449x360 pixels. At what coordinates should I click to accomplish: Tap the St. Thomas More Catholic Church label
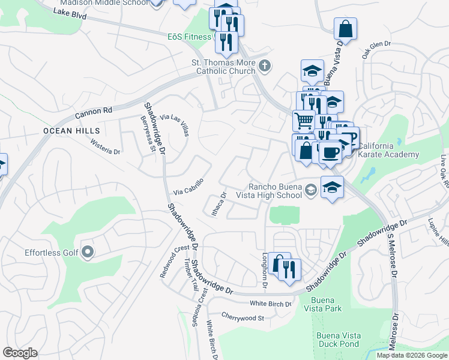point(223,67)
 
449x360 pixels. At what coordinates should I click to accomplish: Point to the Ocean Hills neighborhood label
point(65,130)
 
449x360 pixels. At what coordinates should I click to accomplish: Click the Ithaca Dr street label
point(217,204)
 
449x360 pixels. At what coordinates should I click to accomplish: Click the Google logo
point(20,352)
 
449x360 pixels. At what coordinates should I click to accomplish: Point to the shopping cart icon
point(304,120)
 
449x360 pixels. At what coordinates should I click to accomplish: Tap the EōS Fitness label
point(189,37)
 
